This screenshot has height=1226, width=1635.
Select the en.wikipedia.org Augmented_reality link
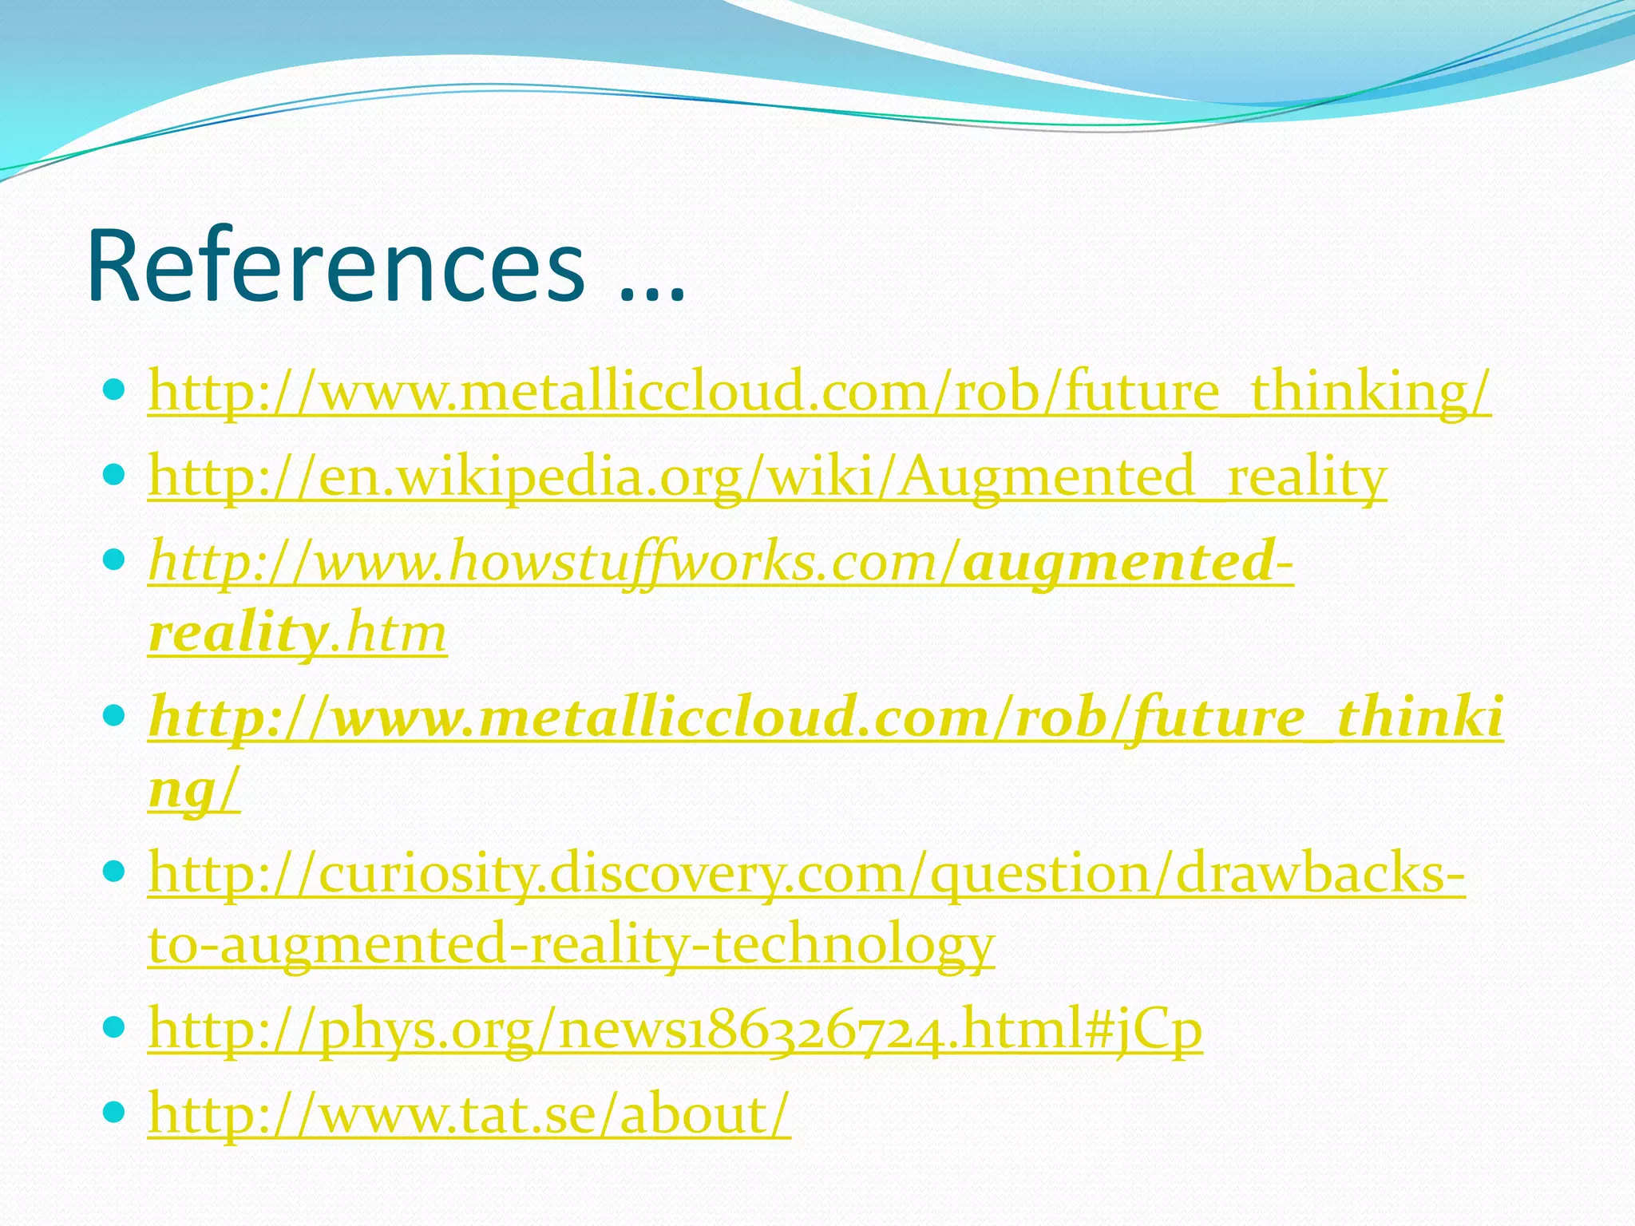click(767, 477)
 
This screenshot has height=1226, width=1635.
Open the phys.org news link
click(675, 1029)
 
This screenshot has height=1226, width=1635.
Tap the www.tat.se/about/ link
click(469, 1114)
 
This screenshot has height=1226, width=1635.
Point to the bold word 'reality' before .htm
click(237, 632)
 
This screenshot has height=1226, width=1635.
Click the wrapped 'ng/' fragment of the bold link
click(194, 789)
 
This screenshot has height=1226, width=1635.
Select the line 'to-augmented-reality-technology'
click(572, 943)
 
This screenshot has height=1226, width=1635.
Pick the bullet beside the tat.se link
click(115, 1112)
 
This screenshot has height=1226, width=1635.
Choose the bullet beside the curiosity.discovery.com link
click(115, 872)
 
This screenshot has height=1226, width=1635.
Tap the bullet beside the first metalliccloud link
click(115, 390)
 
